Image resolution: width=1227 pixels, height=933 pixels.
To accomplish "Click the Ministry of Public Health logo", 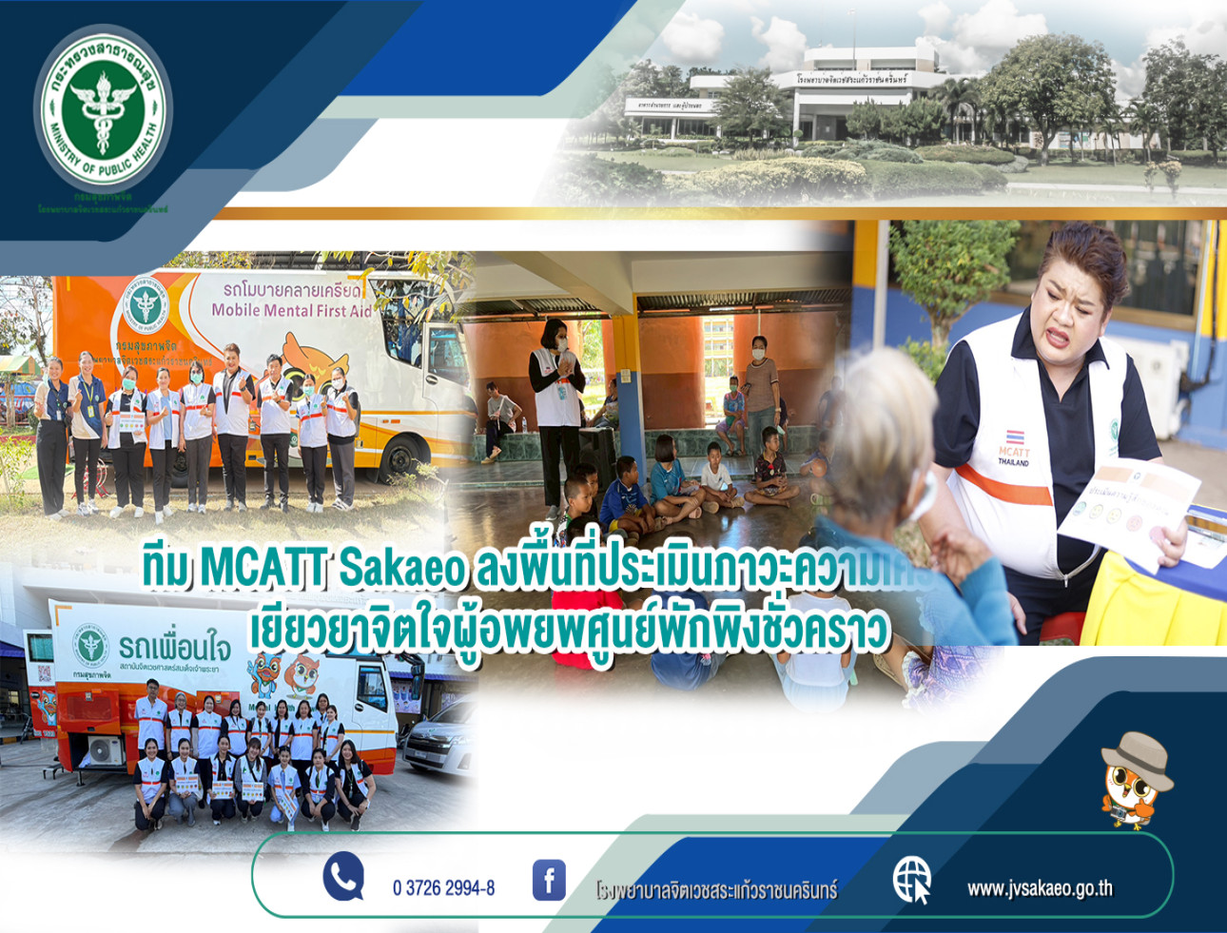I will [103, 111].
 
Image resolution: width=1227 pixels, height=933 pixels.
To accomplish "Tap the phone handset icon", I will [342, 876].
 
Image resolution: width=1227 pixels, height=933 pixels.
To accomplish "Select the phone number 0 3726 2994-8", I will [443, 888].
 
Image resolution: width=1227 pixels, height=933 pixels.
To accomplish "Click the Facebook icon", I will [549, 880].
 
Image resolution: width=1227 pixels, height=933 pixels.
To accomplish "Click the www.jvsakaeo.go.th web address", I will [1040, 888].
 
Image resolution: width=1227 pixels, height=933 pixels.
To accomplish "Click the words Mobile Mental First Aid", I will [292, 309].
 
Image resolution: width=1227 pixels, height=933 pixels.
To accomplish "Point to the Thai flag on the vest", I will [1015, 437].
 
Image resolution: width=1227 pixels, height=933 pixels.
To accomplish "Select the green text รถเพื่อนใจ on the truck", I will [175, 649].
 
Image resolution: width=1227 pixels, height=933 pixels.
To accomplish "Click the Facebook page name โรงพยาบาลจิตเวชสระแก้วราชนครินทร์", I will [716, 891].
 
